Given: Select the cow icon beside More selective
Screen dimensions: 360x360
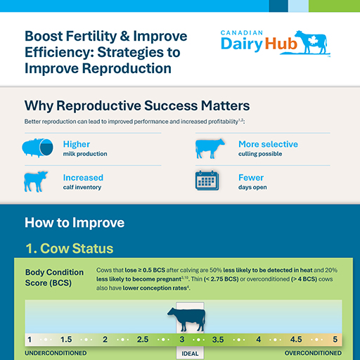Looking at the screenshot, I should click(x=210, y=148).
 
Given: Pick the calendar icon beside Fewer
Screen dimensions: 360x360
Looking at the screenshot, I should click(x=209, y=181).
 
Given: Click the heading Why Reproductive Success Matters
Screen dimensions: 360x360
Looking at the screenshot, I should click(x=136, y=106).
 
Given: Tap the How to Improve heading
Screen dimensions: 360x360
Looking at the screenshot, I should click(x=75, y=223).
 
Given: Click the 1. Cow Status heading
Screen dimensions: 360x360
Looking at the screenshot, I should click(x=69, y=248).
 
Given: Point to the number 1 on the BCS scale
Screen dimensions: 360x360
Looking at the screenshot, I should click(x=29, y=339).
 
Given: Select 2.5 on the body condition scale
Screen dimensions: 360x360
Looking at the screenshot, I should click(x=143, y=339).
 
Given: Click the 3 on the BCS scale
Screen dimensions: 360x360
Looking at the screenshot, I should click(x=181, y=339).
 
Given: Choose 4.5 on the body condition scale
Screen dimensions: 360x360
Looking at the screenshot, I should click(x=296, y=339).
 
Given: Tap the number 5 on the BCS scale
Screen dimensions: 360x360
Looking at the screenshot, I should click(x=335, y=339).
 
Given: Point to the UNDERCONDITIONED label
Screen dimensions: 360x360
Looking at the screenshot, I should click(x=56, y=353).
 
